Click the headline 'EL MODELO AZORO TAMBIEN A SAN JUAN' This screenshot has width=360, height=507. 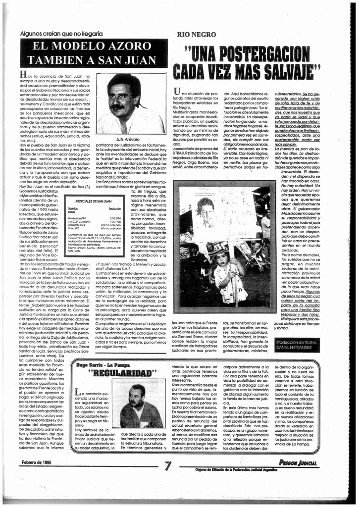[x=94, y=53]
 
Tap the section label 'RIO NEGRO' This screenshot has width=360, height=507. [x=196, y=35]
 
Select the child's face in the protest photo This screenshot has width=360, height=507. [x=222, y=258]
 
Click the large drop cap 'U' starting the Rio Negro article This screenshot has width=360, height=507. [x=177, y=91]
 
